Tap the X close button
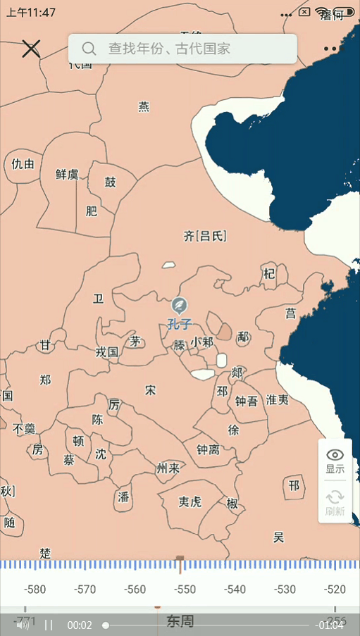pos(31,49)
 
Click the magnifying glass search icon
pos(89,49)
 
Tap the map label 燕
pos(144,107)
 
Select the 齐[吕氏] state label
pos(205,236)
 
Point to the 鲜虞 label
pos(67,174)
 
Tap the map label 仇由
pos(23,164)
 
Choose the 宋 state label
pos(150,389)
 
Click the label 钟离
pos(207,449)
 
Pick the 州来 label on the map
pos(168,468)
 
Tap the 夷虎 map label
pos(190,501)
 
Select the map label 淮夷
pos(277,399)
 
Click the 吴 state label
pos(278,537)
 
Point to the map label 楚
pos(46,554)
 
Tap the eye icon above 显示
pos(335,454)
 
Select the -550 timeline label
pos(185,590)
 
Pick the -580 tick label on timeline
pos(35,590)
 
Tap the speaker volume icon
pos(23,625)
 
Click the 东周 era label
pos(180,621)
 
